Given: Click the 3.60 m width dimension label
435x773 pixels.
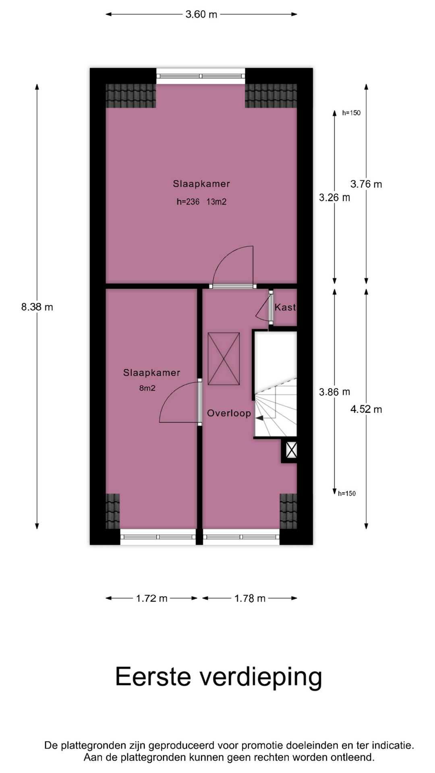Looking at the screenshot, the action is (201, 14).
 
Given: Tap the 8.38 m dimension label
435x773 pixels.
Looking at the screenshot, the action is (37, 307).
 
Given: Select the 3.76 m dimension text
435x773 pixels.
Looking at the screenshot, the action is (366, 184).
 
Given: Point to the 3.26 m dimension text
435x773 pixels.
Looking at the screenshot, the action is (334, 198).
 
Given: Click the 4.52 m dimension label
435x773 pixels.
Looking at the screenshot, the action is (366, 409).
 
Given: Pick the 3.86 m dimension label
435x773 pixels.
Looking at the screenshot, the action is (334, 392).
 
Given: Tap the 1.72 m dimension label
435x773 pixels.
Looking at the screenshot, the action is (151, 599).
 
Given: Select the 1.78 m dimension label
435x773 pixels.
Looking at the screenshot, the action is (250, 599).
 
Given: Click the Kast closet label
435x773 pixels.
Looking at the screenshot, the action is (285, 308).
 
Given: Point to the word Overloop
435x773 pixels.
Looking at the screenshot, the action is (229, 413).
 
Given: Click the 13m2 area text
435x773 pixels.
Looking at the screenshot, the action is (216, 202).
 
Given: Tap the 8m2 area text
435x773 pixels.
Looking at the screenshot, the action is (147, 389).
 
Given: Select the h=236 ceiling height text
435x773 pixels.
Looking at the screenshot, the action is (188, 202).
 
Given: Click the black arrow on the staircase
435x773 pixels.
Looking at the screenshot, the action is (259, 418).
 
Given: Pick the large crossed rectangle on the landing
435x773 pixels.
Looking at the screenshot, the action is (224, 359).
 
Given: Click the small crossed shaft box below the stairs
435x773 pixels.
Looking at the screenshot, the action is (291, 450).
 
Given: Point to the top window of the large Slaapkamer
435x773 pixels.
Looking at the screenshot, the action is (201, 76).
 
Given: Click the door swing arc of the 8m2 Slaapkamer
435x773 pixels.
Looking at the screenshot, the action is (171, 393).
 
